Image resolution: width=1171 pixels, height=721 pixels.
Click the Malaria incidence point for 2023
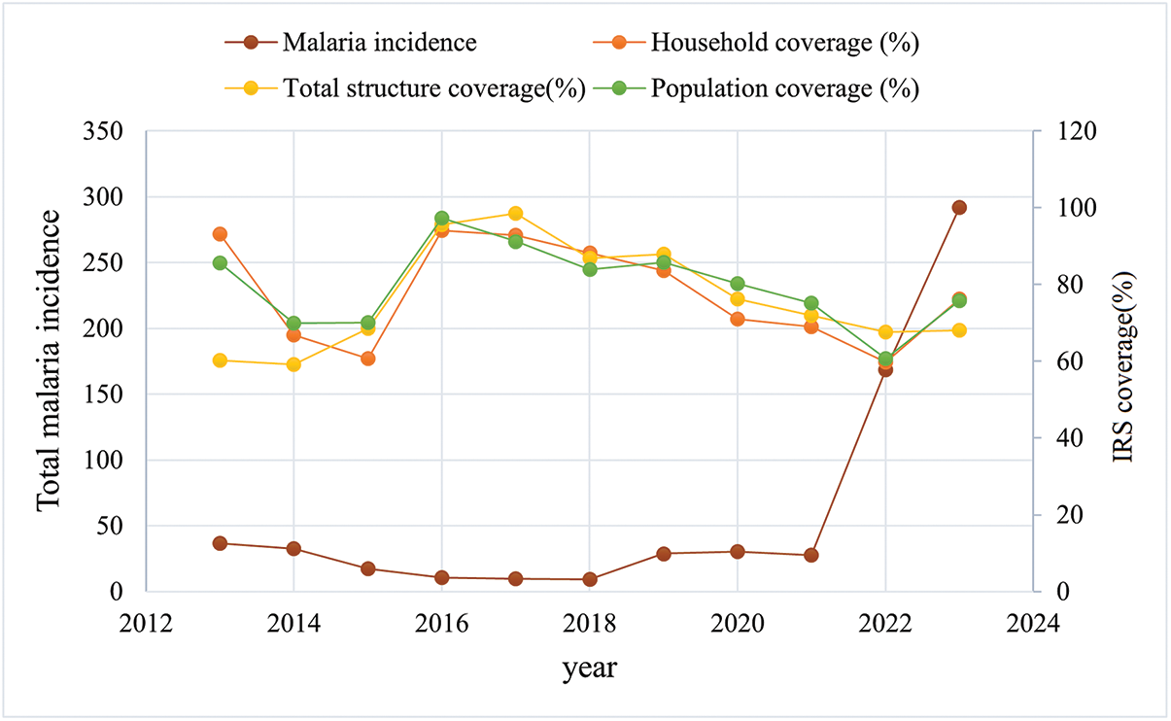tap(959, 208)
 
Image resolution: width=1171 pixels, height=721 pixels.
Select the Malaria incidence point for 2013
tap(220, 543)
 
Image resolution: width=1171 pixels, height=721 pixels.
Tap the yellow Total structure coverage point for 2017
tap(515, 214)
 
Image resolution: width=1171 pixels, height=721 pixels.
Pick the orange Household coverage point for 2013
tap(220, 234)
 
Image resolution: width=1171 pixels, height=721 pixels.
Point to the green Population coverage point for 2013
tap(220, 263)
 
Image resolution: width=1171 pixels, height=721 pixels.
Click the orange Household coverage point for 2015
tap(368, 359)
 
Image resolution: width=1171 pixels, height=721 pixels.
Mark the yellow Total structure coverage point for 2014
tap(293, 364)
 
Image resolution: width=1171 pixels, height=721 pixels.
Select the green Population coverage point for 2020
tap(738, 284)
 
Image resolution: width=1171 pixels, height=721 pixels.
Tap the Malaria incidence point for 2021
tap(811, 555)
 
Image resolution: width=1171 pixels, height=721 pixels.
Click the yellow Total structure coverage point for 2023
tap(959, 330)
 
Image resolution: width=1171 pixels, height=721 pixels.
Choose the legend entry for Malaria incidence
tap(351, 43)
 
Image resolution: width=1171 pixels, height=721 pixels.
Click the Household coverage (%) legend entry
tap(756, 43)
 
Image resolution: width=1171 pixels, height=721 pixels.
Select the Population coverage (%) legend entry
tap(756, 87)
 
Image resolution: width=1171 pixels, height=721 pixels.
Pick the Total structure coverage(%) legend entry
tap(405, 87)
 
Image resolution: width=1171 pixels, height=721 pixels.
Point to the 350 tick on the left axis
tap(103, 131)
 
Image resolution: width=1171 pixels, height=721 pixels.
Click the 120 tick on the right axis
tap(1078, 131)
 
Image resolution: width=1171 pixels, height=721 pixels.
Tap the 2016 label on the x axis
tap(442, 624)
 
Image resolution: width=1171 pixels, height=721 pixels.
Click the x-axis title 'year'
tap(590, 669)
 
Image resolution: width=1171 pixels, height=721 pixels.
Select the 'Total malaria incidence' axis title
tap(49, 360)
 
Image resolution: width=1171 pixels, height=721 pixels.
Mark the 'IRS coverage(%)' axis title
tap(1123, 367)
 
